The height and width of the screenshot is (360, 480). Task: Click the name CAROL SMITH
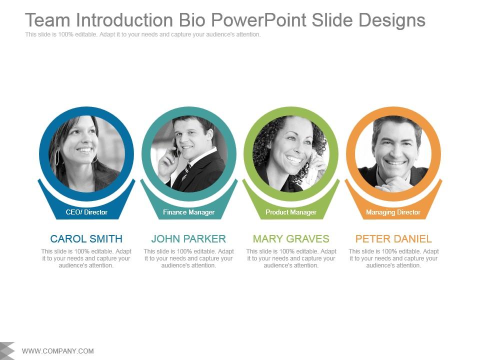pyautogui.click(x=86, y=239)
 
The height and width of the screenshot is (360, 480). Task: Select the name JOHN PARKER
pyautogui.click(x=188, y=239)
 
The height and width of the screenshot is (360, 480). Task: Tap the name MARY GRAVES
pyautogui.click(x=291, y=239)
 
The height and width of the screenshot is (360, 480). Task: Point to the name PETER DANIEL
pyautogui.click(x=393, y=239)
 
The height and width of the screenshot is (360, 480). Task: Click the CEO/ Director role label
pyautogui.click(x=86, y=212)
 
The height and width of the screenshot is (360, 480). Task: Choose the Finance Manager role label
pyautogui.click(x=188, y=212)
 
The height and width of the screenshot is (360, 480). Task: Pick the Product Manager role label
pyautogui.click(x=291, y=212)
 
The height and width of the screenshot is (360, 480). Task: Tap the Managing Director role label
pyautogui.click(x=393, y=212)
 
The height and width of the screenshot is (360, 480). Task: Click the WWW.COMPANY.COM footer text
pyautogui.click(x=58, y=351)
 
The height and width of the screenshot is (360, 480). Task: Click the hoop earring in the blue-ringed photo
pyautogui.click(x=57, y=157)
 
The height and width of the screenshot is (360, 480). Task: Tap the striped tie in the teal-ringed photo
pyautogui.click(x=186, y=173)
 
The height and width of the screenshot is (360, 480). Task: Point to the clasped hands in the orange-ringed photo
pyautogui.click(x=395, y=183)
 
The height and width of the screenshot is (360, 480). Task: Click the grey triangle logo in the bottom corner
pyautogui.click(x=7, y=350)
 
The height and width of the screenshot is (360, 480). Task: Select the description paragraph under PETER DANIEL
pyautogui.click(x=393, y=258)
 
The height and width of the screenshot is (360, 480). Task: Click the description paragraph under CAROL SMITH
pyautogui.click(x=86, y=258)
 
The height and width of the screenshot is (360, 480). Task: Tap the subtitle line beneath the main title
pyautogui.click(x=143, y=34)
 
